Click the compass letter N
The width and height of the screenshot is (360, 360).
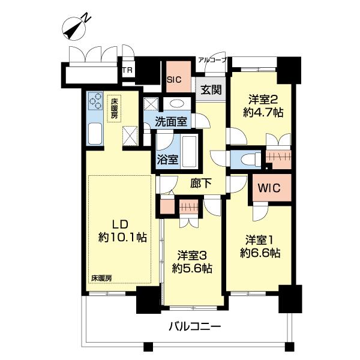pyautogui.click(x=86, y=17)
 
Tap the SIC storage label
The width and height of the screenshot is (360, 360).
pyautogui.click(x=174, y=80)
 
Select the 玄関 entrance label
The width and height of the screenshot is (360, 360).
pyautogui.click(x=211, y=90)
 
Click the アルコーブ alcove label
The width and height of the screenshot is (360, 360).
pyautogui.click(x=212, y=60)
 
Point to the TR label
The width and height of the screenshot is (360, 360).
pyautogui.click(x=128, y=70)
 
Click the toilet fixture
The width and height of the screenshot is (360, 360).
pyautogui.click(x=251, y=158)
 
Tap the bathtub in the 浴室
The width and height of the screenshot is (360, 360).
pyautogui.click(x=190, y=151)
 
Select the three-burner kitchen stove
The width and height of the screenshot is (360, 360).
pyautogui.click(x=95, y=101)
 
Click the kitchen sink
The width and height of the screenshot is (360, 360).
pyautogui.click(x=95, y=134)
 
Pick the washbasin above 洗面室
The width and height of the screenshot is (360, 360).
pyautogui.click(x=176, y=103)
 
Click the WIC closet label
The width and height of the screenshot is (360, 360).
pyautogui.click(x=269, y=188)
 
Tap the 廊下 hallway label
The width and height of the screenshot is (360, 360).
pyautogui.click(x=201, y=183)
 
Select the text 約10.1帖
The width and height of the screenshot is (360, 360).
pyautogui.click(x=122, y=237)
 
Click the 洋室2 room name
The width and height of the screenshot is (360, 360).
pyautogui.click(x=263, y=100)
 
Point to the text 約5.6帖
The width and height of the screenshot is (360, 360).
pyautogui.click(x=192, y=268)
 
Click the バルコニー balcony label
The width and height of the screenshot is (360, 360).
pyautogui.click(x=194, y=326)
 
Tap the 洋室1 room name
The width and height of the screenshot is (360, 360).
pyautogui.click(x=260, y=240)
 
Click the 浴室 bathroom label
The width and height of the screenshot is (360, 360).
pyautogui.click(x=167, y=160)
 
